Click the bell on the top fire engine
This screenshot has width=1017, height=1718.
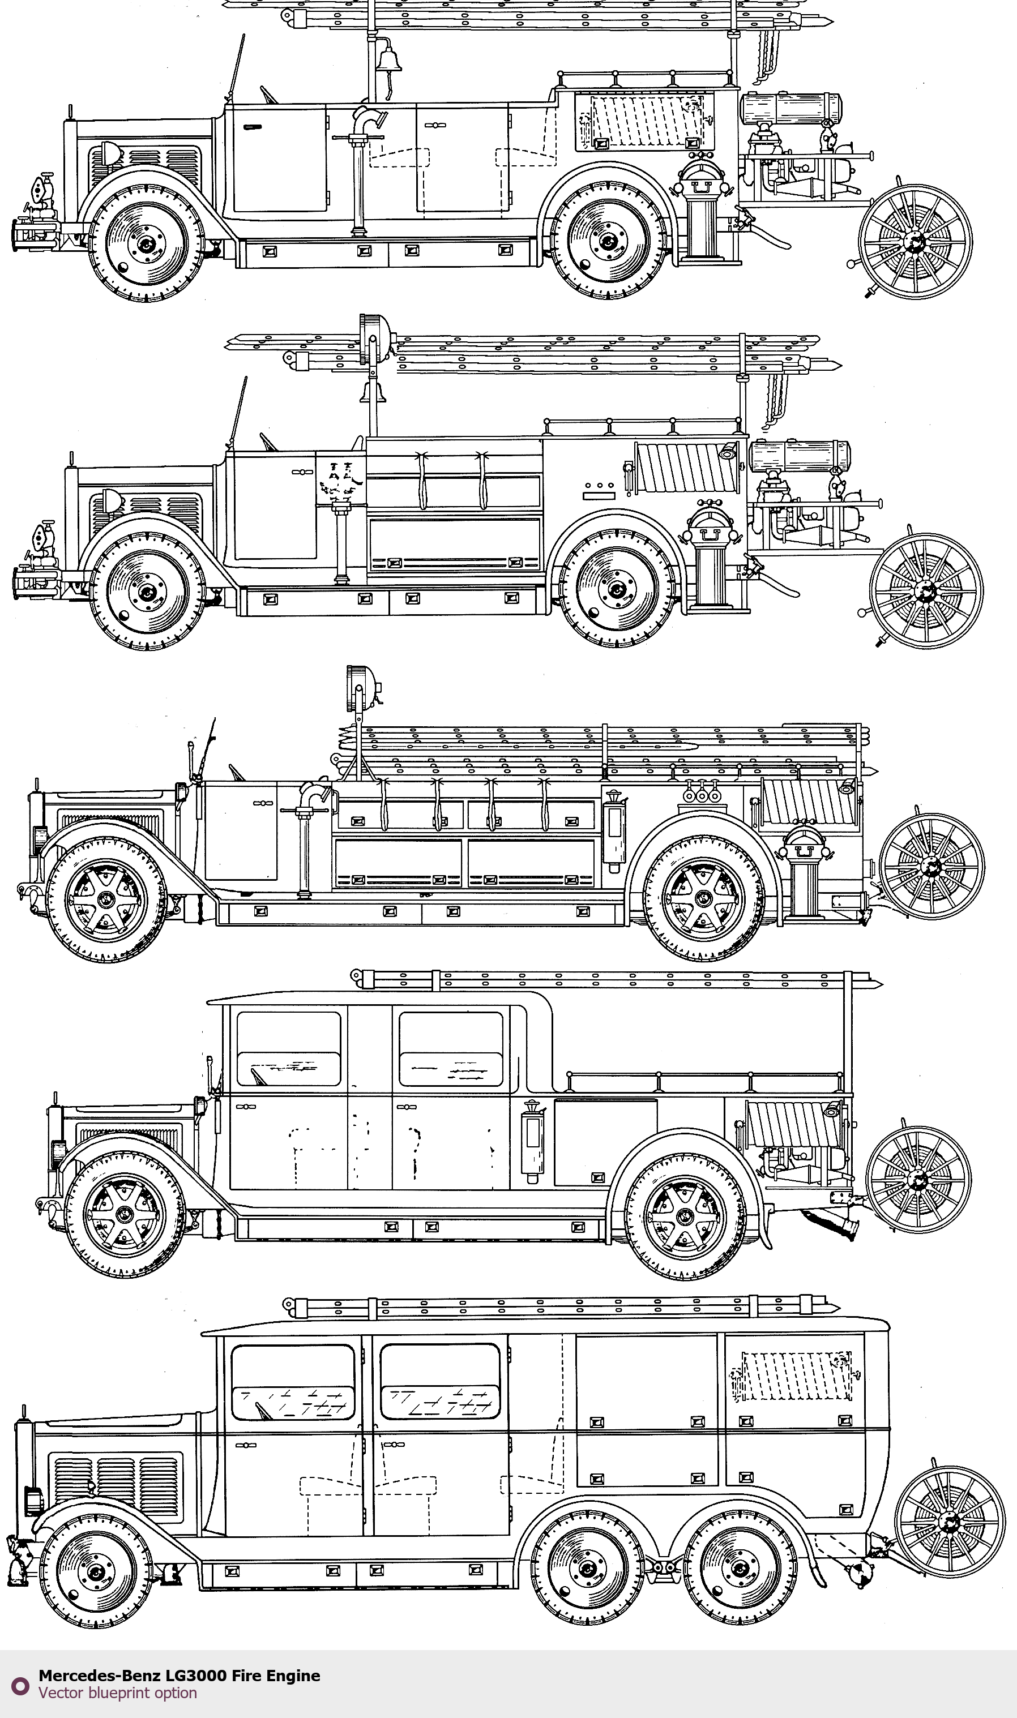tap(388, 59)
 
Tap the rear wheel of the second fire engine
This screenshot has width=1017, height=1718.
tap(617, 589)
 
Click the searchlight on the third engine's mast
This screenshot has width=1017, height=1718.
tap(358, 684)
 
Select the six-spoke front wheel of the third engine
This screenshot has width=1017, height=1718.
tap(106, 900)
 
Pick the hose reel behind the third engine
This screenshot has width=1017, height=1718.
tap(931, 866)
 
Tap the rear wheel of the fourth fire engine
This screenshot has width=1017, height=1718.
tap(685, 1217)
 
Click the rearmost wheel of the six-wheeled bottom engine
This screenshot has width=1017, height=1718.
tap(740, 1569)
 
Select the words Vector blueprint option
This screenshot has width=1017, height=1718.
tap(117, 1693)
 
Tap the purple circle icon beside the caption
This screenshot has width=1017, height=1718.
tap(20, 1686)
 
